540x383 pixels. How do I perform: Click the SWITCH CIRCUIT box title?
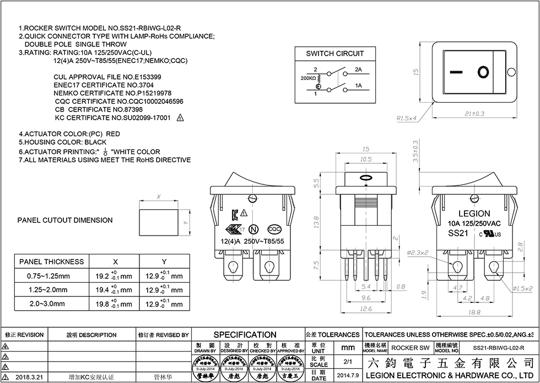pyautogui.click(x=335, y=54)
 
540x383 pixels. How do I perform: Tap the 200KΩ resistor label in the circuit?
pyautogui.click(x=307, y=79)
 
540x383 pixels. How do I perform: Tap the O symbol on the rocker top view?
pyautogui.click(x=483, y=72)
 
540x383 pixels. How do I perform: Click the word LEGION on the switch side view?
pyautogui.click(x=474, y=214)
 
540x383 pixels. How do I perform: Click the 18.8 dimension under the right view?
pyautogui.click(x=474, y=312)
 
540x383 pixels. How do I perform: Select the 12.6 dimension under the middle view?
pyautogui.click(x=365, y=308)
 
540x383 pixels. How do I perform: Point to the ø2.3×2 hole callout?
pyautogui.click(x=419, y=252)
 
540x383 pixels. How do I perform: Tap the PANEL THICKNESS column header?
pyautogui.click(x=51, y=262)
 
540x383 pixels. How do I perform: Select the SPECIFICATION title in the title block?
pyautogui.click(x=245, y=334)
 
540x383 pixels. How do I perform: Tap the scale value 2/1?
pyautogui.click(x=348, y=362)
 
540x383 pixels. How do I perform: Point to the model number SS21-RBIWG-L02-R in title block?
pyautogui.click(x=499, y=348)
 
